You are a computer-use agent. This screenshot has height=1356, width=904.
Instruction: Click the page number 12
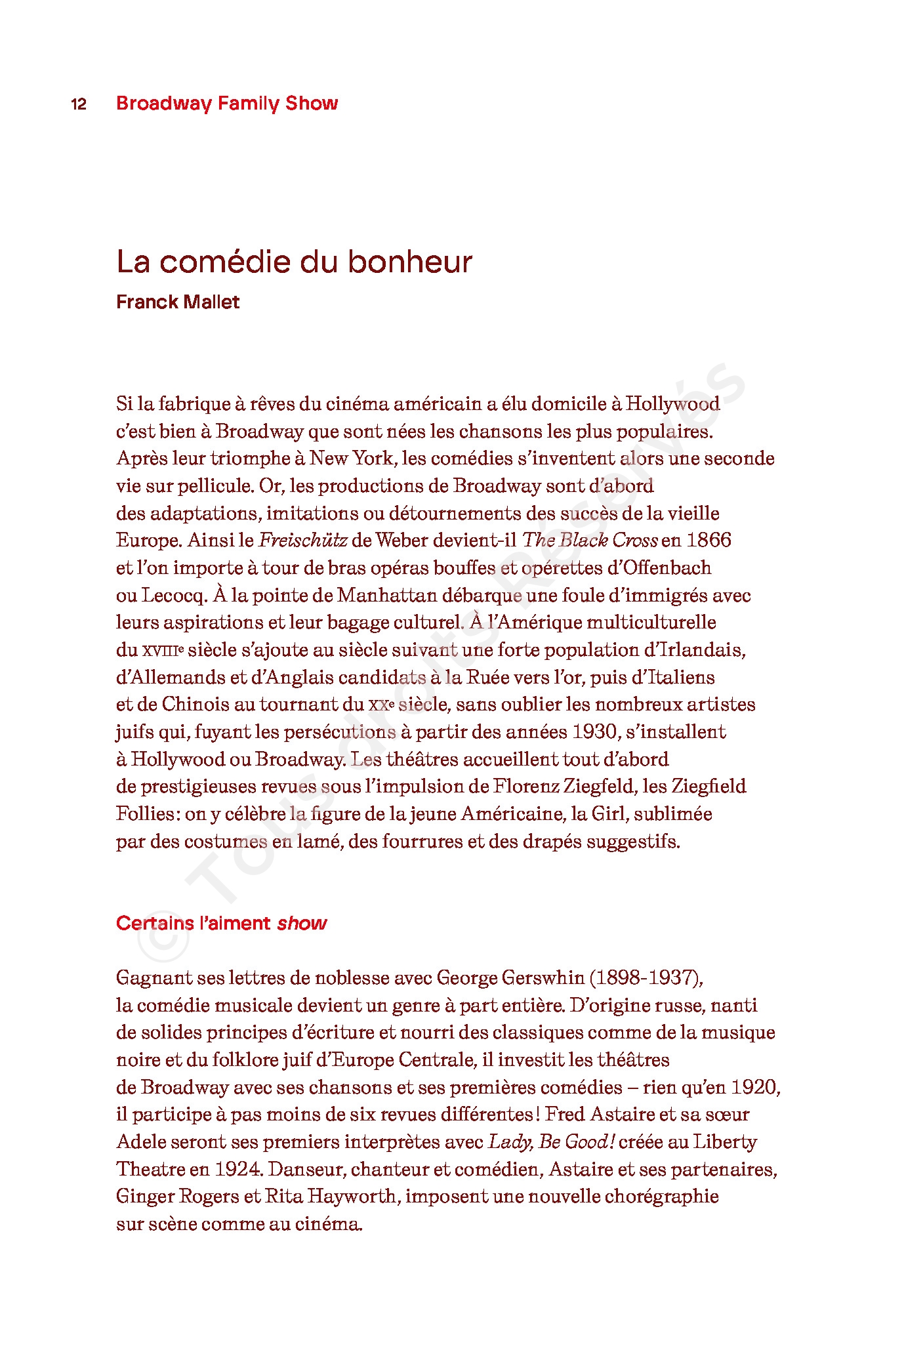click(x=79, y=104)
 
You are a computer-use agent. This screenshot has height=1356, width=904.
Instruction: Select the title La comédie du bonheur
click(x=294, y=261)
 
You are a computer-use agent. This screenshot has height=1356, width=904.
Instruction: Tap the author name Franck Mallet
click(x=178, y=302)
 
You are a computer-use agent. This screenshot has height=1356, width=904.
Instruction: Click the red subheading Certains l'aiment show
click(x=221, y=923)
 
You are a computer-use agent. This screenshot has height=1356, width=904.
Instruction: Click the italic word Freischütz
click(x=302, y=541)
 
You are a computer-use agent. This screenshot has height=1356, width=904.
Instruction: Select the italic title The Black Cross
click(x=590, y=541)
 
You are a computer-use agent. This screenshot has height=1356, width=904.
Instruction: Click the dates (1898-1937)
click(x=646, y=978)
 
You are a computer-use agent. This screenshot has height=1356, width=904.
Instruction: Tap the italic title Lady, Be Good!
click(x=551, y=1142)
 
